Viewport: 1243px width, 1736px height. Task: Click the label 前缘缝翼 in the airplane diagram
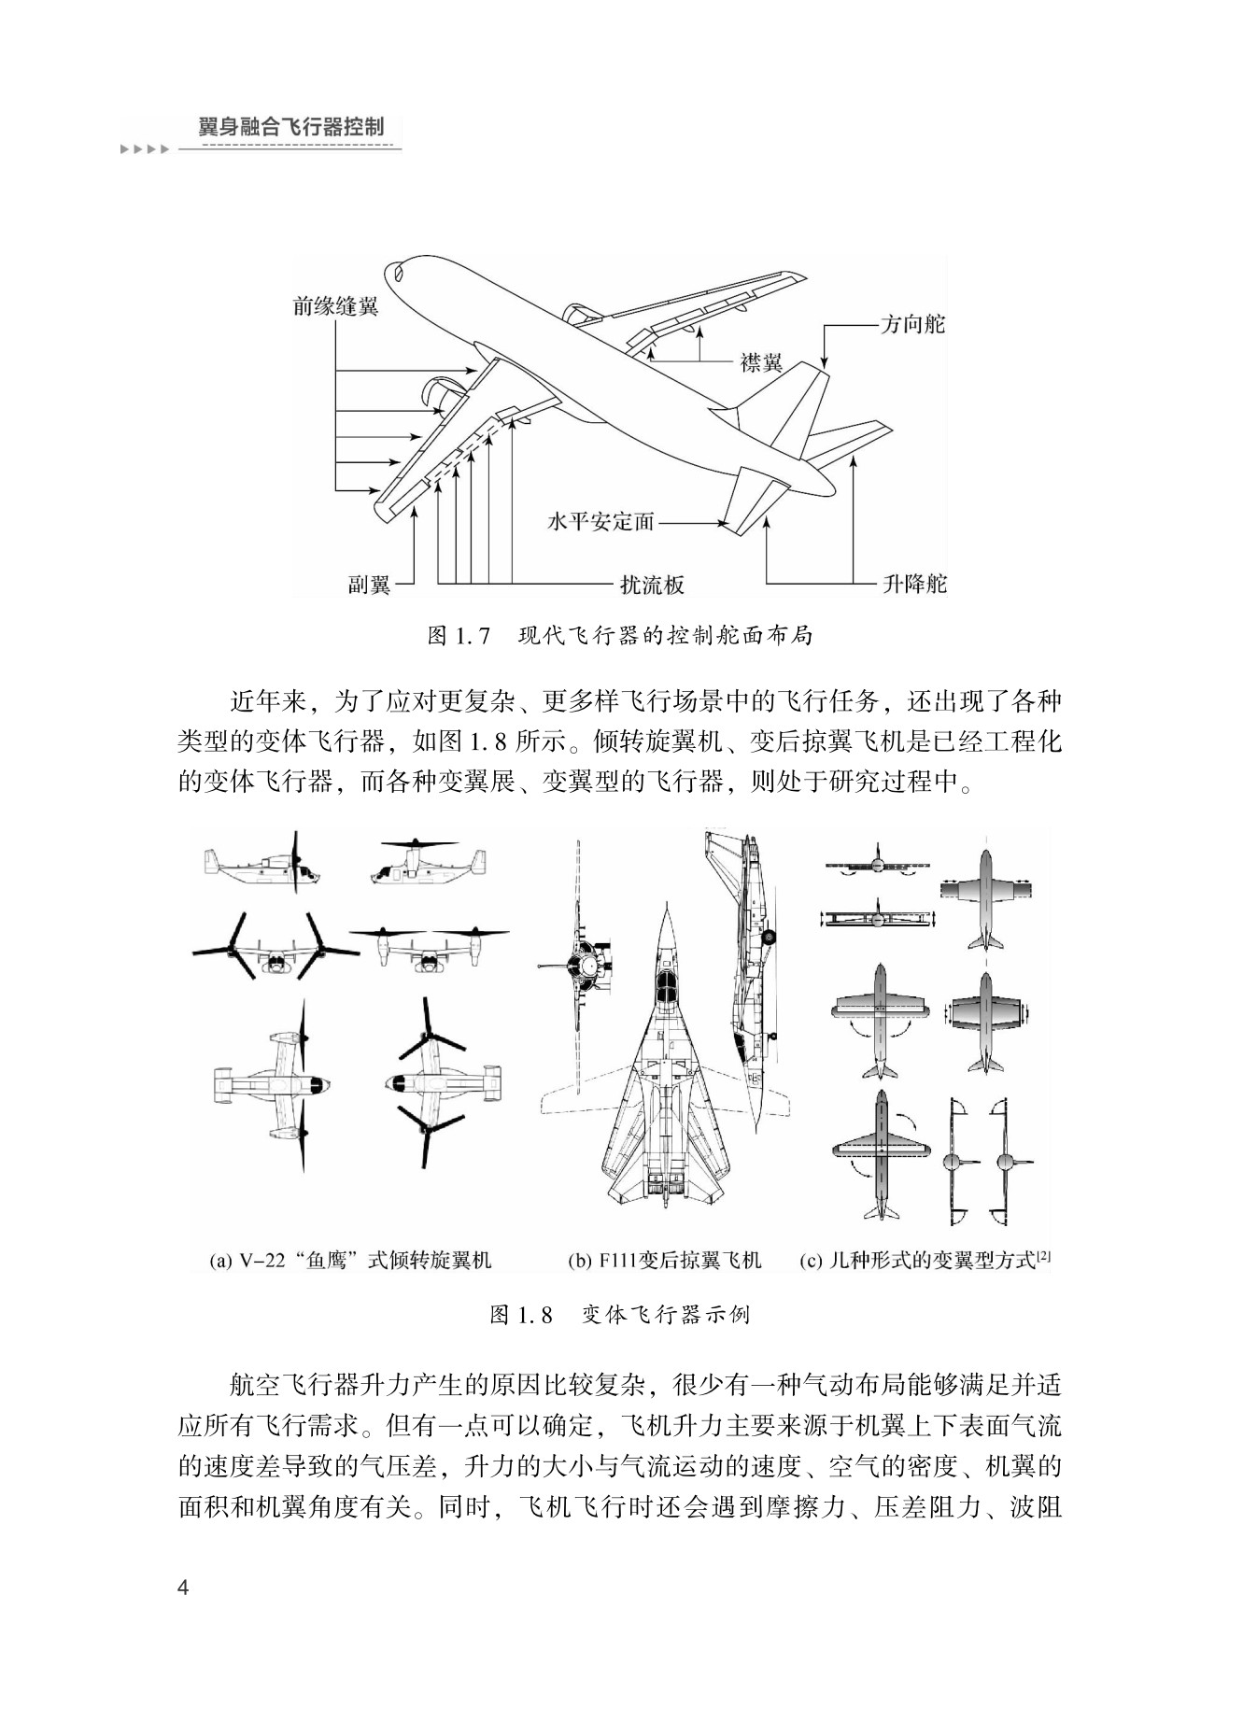(x=335, y=306)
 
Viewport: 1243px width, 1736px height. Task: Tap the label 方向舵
(x=912, y=324)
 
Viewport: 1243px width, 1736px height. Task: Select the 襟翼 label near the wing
(x=761, y=362)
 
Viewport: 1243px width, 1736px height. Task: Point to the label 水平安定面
(x=600, y=522)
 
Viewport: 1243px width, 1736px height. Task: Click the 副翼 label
(x=370, y=586)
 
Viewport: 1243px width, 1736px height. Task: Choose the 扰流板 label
(x=653, y=586)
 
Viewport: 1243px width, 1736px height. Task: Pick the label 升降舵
(x=914, y=585)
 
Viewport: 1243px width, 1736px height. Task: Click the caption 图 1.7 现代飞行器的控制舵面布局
(x=620, y=636)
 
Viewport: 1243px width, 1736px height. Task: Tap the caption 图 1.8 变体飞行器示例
(x=620, y=1315)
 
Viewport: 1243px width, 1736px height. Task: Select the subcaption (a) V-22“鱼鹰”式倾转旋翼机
(x=351, y=1261)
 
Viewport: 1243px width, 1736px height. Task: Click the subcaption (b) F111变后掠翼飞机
(x=665, y=1261)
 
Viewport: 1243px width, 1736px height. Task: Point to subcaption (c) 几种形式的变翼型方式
(x=919, y=1261)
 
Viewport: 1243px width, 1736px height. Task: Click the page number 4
(x=184, y=1588)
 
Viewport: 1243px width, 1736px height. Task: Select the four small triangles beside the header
(x=144, y=149)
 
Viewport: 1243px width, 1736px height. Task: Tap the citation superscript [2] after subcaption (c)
(x=1044, y=1257)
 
